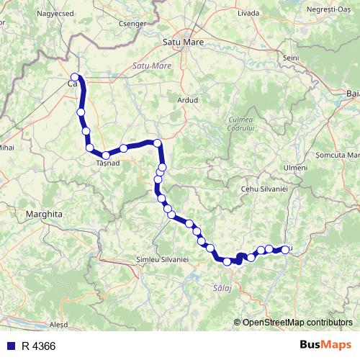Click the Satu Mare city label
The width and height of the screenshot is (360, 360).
(184, 42)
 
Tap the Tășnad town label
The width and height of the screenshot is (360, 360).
(107, 163)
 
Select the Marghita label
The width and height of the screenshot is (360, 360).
(45, 214)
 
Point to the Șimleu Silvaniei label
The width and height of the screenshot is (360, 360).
(161, 258)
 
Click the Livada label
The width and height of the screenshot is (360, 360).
(247, 13)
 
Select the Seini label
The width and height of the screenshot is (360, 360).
(291, 58)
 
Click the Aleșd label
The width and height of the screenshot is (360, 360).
(57, 325)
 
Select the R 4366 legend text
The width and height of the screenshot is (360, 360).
(39, 346)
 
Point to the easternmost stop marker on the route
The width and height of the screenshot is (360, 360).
(285, 250)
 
